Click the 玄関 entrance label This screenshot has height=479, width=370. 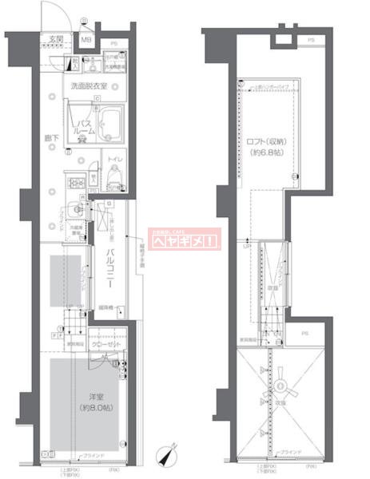[54, 38]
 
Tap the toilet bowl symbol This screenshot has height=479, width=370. [94, 176]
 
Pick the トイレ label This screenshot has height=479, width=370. [115, 160]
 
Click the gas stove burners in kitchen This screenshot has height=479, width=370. [78, 185]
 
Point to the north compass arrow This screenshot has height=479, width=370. [167, 455]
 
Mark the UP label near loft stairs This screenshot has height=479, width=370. [246, 245]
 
